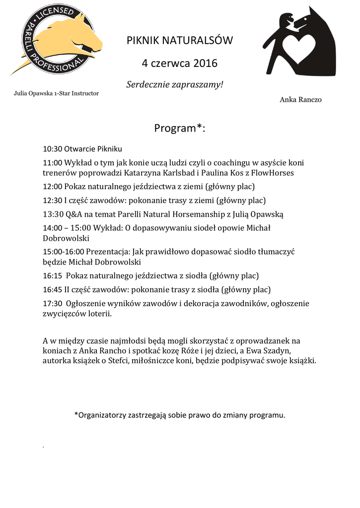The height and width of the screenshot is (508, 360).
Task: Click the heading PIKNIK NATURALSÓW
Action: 179,41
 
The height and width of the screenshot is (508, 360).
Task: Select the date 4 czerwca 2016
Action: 179,63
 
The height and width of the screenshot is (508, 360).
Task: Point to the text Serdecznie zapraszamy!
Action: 175,84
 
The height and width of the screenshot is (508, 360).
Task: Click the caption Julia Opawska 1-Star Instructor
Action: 56,93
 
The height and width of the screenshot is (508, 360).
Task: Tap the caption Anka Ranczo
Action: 300,100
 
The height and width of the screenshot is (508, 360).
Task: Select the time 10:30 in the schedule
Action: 52,149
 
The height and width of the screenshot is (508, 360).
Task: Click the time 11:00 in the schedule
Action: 52,162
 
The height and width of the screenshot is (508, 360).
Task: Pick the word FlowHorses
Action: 273,173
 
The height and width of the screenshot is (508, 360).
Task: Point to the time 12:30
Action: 52,200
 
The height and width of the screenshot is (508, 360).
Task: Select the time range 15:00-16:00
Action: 64,252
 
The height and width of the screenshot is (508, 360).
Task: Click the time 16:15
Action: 52,276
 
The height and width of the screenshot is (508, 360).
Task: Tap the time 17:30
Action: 52,303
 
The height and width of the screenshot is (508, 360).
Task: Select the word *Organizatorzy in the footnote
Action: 101,415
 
